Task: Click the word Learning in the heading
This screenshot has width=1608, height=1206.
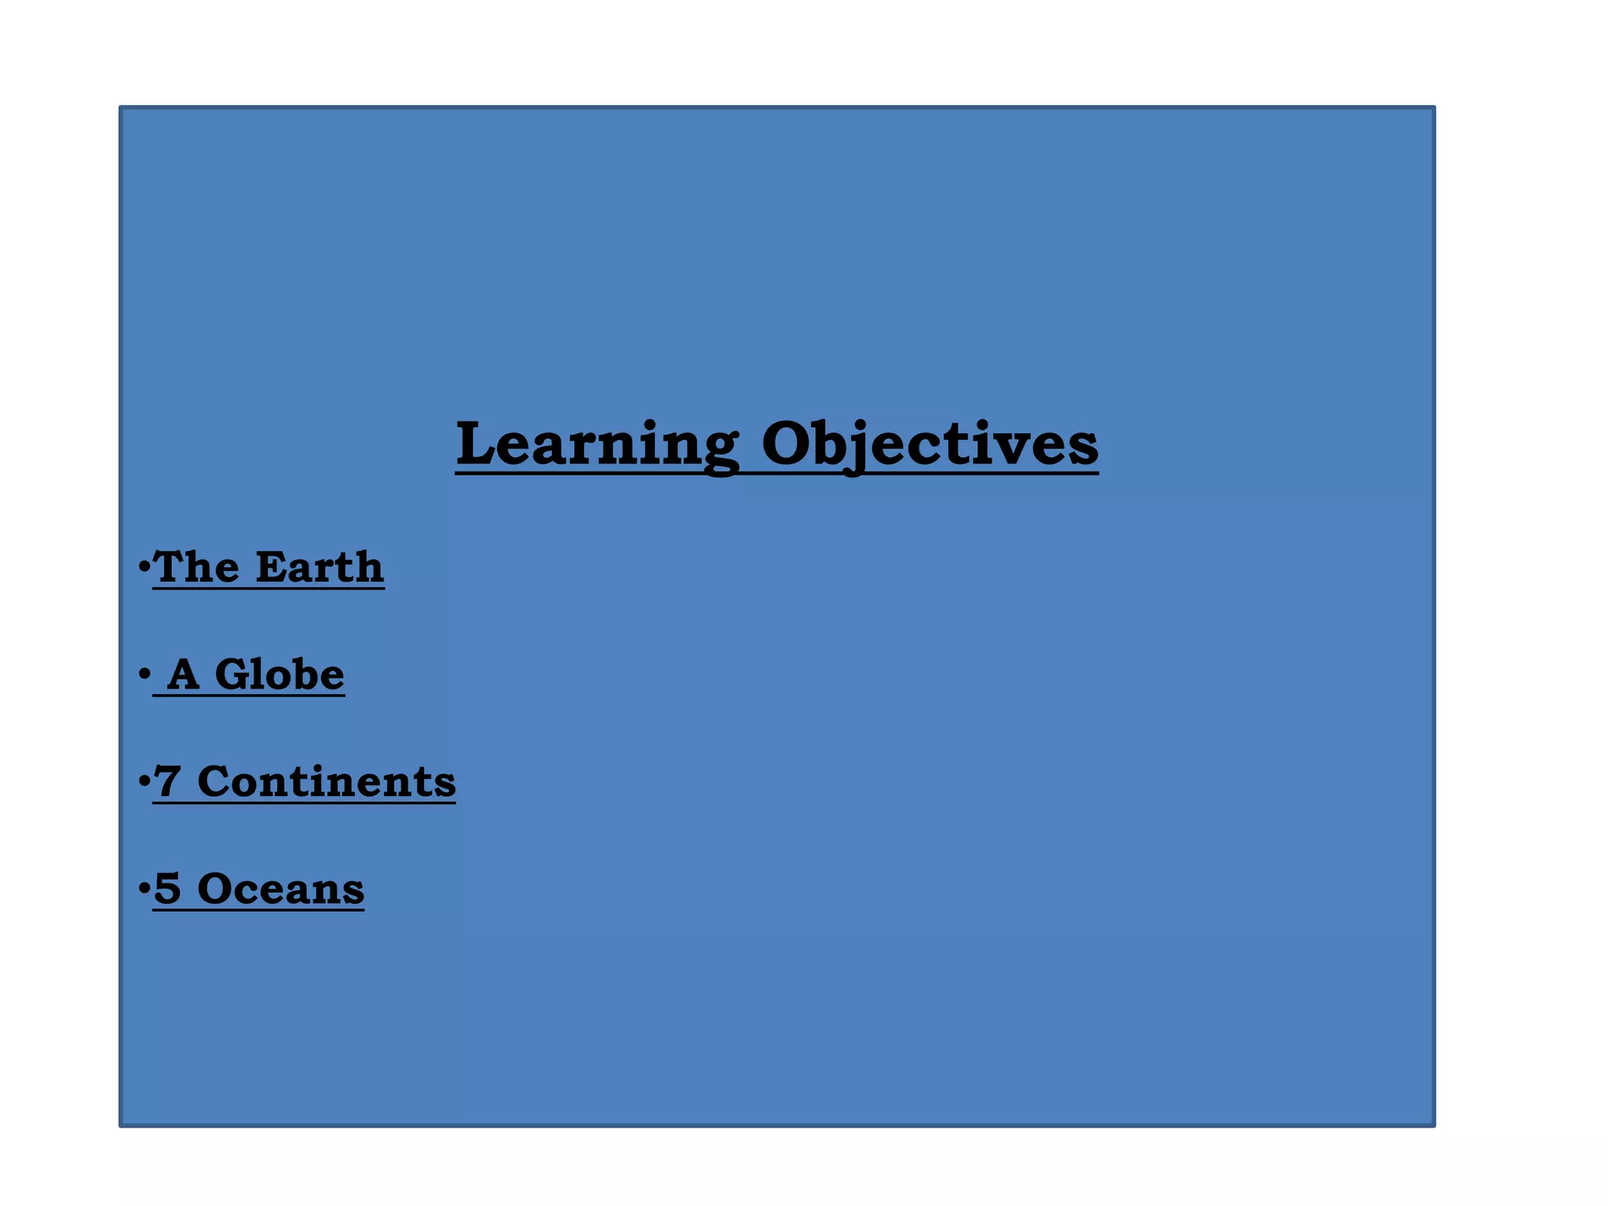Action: click(597, 445)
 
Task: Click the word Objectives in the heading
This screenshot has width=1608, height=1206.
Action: click(930, 445)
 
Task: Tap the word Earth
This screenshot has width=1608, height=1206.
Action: click(320, 567)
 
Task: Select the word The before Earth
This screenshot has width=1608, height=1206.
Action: click(196, 567)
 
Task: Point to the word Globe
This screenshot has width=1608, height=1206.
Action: click(280, 674)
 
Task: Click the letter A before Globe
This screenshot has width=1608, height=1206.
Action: click(184, 674)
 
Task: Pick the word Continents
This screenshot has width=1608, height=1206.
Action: click(327, 782)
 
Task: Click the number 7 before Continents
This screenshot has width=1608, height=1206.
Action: click(166, 782)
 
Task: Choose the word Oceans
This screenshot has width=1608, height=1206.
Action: click(281, 889)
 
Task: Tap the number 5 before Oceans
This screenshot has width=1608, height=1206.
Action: click(166, 889)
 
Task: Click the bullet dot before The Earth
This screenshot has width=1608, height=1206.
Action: click(144, 565)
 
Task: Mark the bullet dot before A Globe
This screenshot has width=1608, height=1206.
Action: click(144, 673)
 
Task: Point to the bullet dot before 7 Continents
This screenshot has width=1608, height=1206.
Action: click(144, 780)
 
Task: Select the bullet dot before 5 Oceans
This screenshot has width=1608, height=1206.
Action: click(144, 888)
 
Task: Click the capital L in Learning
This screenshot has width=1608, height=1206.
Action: click(479, 444)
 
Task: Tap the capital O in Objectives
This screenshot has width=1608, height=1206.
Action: click(788, 444)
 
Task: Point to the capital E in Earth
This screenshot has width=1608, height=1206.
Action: click(272, 567)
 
